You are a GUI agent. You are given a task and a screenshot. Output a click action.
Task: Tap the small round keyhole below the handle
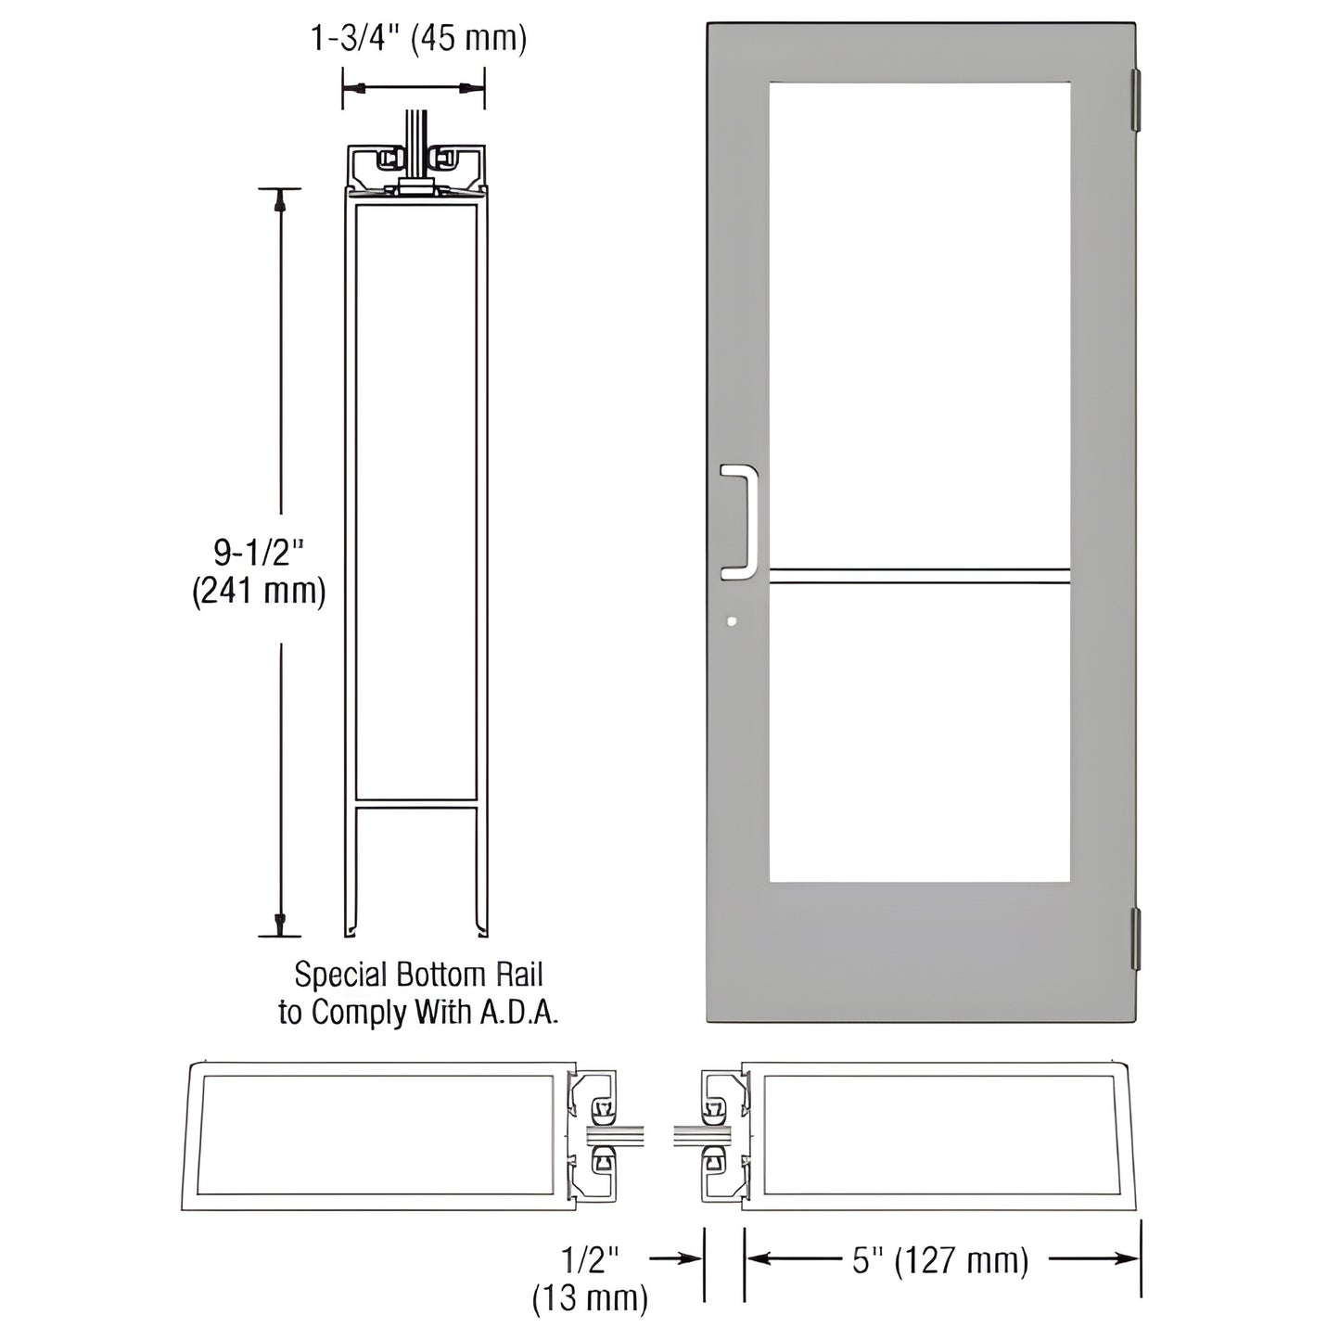[x=733, y=622]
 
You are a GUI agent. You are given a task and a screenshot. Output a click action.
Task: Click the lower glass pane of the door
[x=919, y=733]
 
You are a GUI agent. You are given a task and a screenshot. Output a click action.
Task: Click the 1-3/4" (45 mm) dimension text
[x=417, y=39]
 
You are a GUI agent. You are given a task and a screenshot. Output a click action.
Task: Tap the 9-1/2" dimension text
[x=259, y=554]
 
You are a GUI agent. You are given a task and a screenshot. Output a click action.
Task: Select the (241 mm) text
[x=259, y=592]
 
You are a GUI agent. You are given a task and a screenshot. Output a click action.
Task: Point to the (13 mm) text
[x=590, y=1297]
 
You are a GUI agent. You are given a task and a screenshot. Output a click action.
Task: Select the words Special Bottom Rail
[x=418, y=975]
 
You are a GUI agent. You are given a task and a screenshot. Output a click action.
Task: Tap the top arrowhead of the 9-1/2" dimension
[x=280, y=201]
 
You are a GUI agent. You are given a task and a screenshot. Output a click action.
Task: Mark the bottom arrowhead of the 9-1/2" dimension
[x=280, y=924]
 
